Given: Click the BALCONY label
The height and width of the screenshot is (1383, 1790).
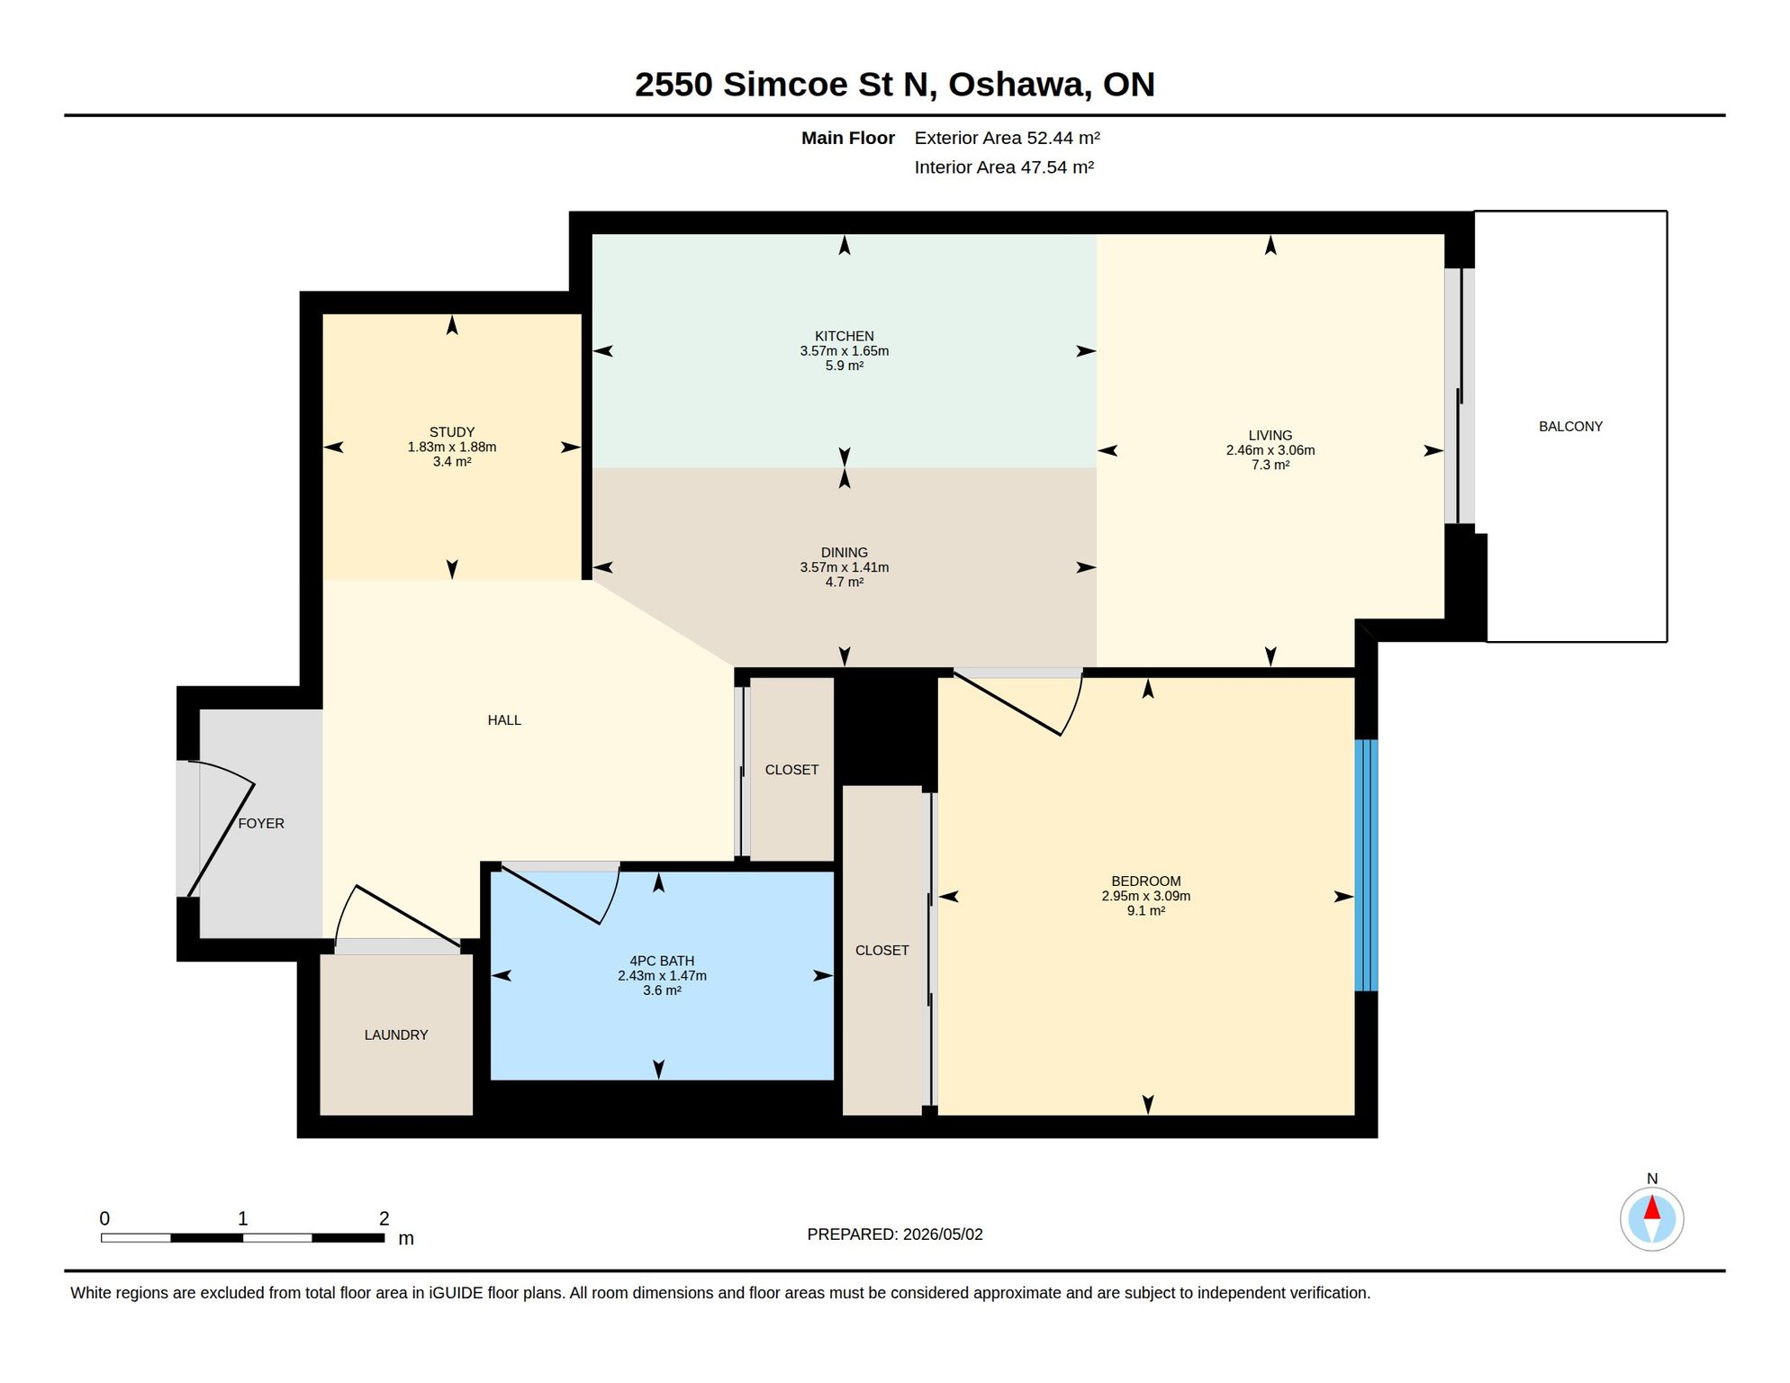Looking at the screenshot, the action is [x=1570, y=427].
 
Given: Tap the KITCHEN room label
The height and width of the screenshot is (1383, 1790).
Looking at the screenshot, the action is [x=844, y=336].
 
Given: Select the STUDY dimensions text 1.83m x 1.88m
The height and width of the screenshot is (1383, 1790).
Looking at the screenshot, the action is [x=452, y=447].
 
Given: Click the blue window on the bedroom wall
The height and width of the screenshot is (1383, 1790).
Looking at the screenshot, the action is [x=1366, y=865].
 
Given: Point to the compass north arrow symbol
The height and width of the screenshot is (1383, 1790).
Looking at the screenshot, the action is [x=1651, y=1219].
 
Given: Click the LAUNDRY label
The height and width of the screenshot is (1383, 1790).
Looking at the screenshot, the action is [x=396, y=1035].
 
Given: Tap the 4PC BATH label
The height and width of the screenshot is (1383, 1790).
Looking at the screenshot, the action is [x=662, y=961].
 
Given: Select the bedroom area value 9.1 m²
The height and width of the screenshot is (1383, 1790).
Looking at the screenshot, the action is [x=1146, y=910].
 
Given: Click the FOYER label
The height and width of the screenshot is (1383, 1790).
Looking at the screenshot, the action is [x=261, y=824].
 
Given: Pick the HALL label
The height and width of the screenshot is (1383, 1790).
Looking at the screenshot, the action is [x=504, y=720].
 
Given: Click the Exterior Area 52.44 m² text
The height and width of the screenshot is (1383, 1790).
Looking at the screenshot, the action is [x=1008, y=138].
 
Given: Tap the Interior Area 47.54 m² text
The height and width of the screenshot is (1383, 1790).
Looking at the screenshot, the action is [x=1004, y=167].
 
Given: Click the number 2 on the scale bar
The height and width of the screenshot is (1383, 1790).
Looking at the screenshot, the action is [x=384, y=1218].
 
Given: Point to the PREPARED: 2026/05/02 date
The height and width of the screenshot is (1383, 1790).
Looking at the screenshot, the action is [x=895, y=1234].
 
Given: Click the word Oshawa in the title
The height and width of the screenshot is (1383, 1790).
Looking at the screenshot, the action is [x=1019, y=85].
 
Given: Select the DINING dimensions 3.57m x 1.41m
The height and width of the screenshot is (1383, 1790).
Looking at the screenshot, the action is [x=844, y=567].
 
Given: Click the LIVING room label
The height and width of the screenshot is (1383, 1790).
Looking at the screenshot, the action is [x=1270, y=436].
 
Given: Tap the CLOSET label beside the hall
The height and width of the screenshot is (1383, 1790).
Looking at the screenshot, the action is [x=791, y=770].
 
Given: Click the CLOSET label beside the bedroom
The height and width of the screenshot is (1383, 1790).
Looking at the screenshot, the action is [x=881, y=951].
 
